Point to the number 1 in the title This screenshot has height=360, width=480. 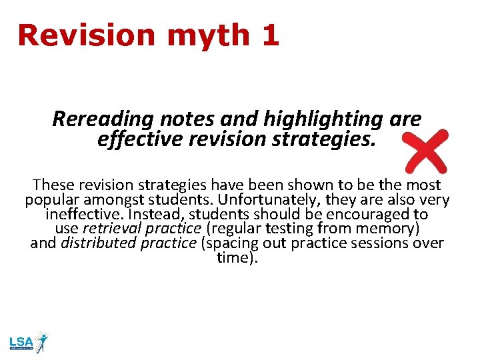pyautogui.click(x=270, y=35)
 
